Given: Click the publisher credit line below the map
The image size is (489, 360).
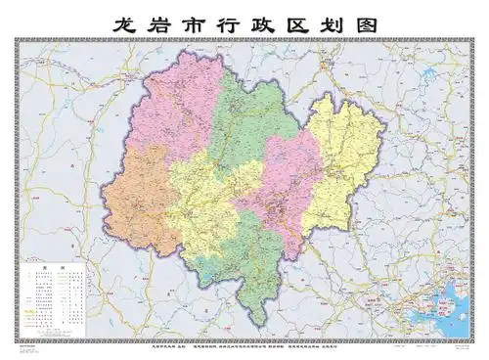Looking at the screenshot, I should (244, 345).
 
